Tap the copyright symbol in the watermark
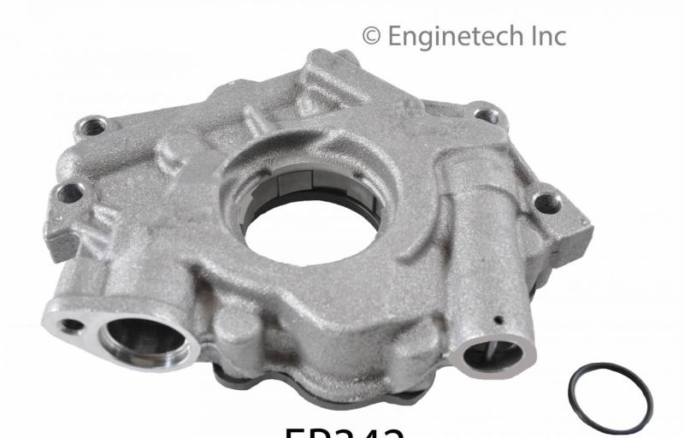click(x=371, y=36)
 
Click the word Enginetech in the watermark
click(x=452, y=36)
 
